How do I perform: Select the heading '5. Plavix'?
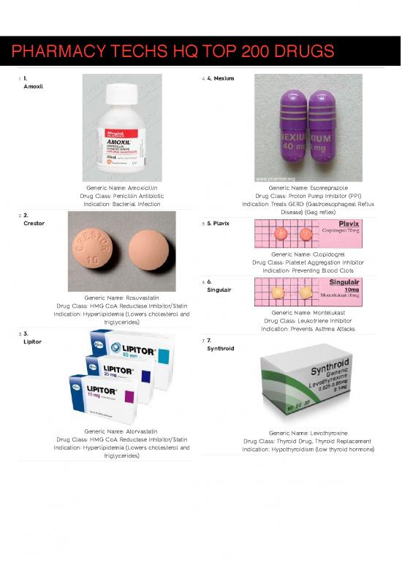[219, 223]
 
